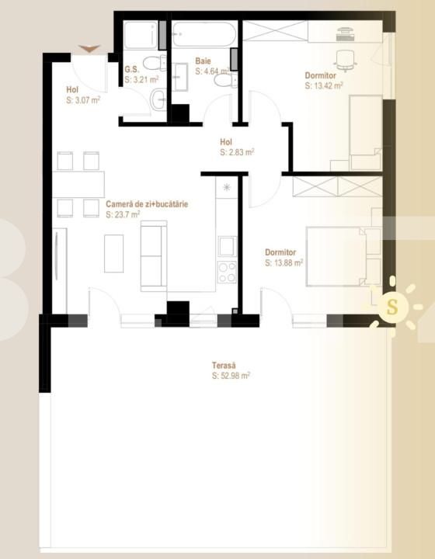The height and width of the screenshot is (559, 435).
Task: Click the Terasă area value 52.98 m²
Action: tap(231, 376)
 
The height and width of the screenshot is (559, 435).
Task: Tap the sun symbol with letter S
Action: tap(392, 307)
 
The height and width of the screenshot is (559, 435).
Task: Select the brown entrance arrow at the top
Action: tap(90, 49)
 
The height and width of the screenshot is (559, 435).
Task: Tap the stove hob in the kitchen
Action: tap(227, 272)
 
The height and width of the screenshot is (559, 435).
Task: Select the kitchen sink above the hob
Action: tap(227, 246)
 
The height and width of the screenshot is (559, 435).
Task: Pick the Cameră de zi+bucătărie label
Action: tap(148, 204)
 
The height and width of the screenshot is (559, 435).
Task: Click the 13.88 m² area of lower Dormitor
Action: tap(284, 262)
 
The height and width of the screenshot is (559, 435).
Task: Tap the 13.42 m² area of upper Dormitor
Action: tap(324, 85)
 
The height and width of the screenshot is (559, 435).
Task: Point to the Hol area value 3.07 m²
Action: tap(84, 99)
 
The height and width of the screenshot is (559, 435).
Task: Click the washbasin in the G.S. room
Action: tap(158, 99)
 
